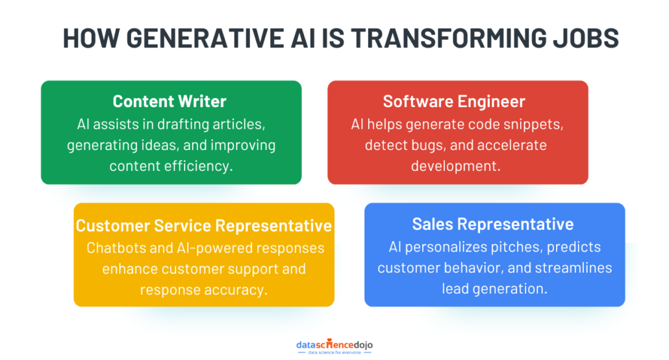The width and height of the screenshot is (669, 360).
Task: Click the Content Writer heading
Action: point(170,101)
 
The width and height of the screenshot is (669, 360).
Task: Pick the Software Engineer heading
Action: point(454,101)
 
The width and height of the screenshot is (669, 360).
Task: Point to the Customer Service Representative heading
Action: point(204,225)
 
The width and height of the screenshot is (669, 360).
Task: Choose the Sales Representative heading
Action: point(493,224)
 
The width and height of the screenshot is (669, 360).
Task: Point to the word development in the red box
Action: point(455,166)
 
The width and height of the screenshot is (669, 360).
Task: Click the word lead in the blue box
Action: point(455,288)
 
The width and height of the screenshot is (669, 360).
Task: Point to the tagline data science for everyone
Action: point(334,352)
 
